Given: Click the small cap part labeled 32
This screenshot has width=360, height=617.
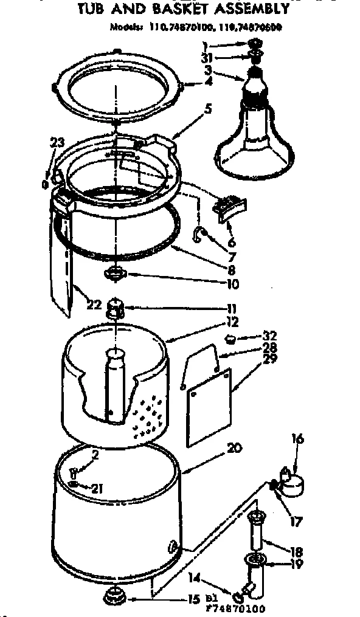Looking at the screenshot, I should coord(230,338).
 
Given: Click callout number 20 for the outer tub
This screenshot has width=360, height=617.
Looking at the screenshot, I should coord(235,449).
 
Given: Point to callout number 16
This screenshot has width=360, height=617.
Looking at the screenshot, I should coord(297,439).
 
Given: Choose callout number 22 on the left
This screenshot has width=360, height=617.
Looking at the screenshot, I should coord(92,305).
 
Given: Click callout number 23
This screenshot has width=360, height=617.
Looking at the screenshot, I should coord(57,143).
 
